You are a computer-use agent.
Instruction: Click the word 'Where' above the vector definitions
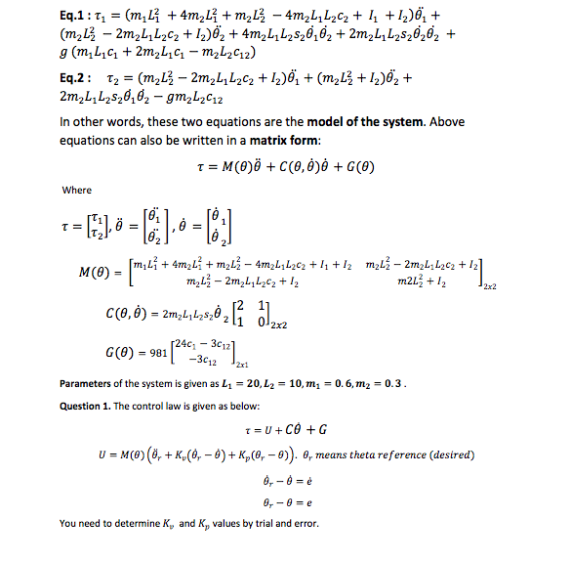tap(77, 189)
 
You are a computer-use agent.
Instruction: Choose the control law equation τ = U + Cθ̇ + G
tap(282, 429)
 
